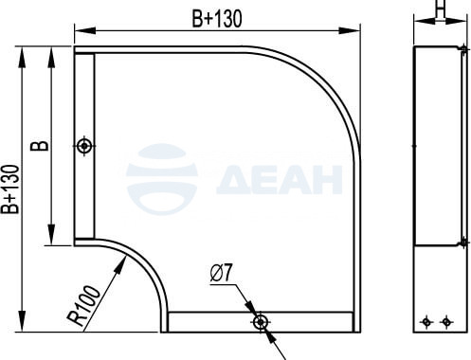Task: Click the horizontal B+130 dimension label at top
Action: tap(217, 18)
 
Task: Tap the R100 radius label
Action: tap(84, 305)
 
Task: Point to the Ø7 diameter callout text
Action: tap(222, 273)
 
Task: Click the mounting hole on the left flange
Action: tap(84, 146)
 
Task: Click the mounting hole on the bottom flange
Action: tap(261, 322)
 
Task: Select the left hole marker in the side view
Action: tap(426, 322)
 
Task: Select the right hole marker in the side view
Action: tap(446, 322)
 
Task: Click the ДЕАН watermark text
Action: tap(280, 180)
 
